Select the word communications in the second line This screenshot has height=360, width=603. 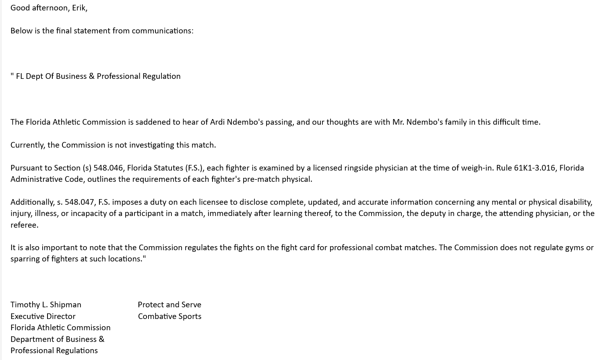pos(162,31)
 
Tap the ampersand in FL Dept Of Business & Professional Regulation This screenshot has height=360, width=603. pos(91,76)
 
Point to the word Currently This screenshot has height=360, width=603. pos(28,145)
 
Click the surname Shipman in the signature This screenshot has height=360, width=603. pos(66,304)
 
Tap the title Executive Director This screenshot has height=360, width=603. pos(43,316)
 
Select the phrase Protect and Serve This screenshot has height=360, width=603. pos(169,304)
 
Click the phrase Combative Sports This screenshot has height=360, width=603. pos(169,316)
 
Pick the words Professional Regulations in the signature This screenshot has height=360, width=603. pos(54,350)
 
